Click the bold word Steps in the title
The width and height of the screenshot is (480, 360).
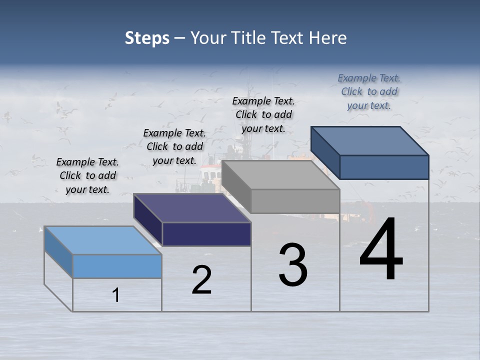pos(146,38)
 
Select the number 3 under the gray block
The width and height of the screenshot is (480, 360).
pos(292,265)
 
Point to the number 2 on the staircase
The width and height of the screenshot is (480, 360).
pos(202,280)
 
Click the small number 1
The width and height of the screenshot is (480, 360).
pos(116,295)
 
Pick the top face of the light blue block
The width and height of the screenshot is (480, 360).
pos(103,240)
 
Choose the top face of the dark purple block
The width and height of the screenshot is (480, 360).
pos(192,207)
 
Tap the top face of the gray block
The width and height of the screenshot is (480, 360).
pos(281,175)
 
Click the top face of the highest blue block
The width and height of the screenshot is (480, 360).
pos(370,141)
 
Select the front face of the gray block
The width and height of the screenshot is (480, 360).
pos(295,201)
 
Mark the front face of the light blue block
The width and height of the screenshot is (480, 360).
pos(117,266)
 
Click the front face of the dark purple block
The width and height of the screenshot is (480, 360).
pos(206,234)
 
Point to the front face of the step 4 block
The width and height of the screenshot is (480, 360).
pos(384,167)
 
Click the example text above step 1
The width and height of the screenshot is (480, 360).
pos(87,175)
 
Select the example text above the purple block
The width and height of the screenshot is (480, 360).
pos(174,146)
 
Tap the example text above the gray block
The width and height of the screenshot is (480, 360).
pos(263,114)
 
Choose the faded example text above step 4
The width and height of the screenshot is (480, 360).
pos(369,91)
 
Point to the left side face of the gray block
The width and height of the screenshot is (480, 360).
pos(236,186)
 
